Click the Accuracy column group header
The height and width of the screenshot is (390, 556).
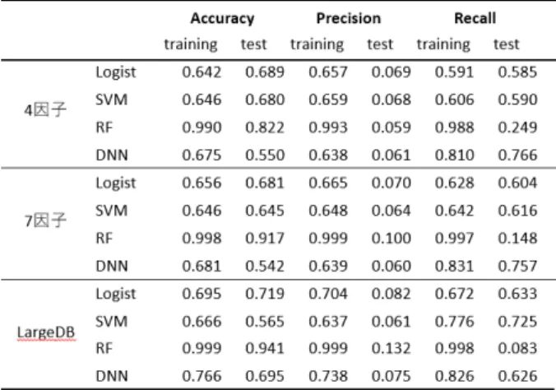222,18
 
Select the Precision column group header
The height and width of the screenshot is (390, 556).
349,18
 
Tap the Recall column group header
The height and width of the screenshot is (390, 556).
475,18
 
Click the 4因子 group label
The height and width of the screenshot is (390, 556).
45,110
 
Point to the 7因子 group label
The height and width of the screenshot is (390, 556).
45,221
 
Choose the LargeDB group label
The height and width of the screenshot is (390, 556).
46,332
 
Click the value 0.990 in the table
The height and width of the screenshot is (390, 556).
202,128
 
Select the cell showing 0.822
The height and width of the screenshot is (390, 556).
265,128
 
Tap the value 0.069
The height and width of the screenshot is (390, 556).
392,72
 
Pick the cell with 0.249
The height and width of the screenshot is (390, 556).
517,128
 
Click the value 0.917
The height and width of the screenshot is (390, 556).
265,238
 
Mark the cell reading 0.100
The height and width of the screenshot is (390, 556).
392,238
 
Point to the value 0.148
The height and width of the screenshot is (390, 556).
517,238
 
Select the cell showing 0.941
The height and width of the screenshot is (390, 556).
265,349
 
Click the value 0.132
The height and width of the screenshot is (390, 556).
392,349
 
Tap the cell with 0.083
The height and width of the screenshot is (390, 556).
517,349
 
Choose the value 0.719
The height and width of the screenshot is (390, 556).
265,294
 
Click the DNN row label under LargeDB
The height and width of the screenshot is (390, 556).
112,376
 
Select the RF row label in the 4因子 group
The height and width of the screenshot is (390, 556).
104,128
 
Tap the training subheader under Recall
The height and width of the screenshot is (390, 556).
443,44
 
